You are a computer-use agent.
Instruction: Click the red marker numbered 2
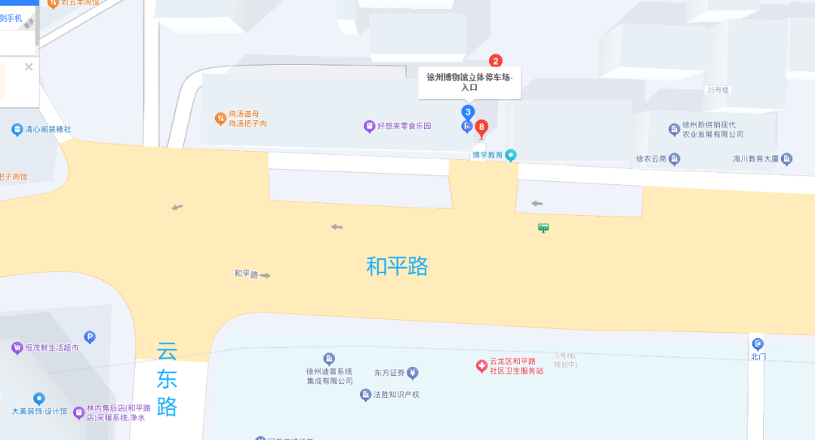(496, 61)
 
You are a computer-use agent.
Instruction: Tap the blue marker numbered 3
(468, 112)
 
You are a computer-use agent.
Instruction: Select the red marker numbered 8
(481, 127)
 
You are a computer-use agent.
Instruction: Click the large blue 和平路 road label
(397, 266)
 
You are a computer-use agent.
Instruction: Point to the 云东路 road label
(167, 379)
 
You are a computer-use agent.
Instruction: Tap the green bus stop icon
(543, 227)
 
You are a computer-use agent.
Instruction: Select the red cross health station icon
(481, 366)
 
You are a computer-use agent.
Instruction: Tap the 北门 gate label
(758, 356)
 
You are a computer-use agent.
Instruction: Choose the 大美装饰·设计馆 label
(39, 411)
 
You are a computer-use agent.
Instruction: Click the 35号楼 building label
(717, 90)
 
